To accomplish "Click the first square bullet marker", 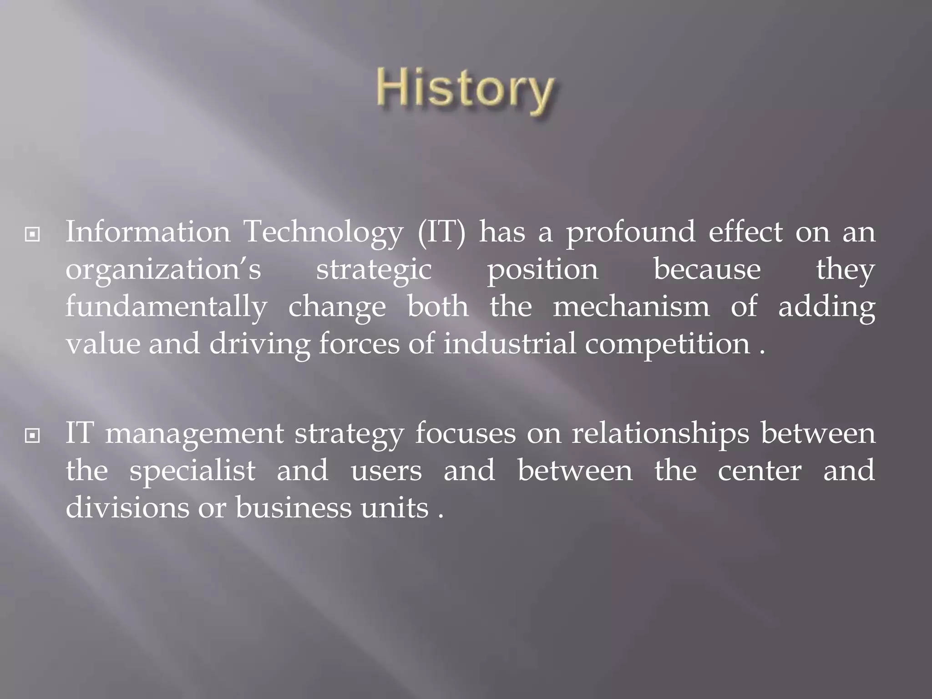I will (x=32, y=235).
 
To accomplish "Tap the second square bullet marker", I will (x=32, y=436).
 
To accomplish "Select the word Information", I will (x=148, y=232).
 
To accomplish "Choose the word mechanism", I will (x=631, y=306).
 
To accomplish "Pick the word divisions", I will (x=127, y=508).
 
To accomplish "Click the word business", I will (x=294, y=508).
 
